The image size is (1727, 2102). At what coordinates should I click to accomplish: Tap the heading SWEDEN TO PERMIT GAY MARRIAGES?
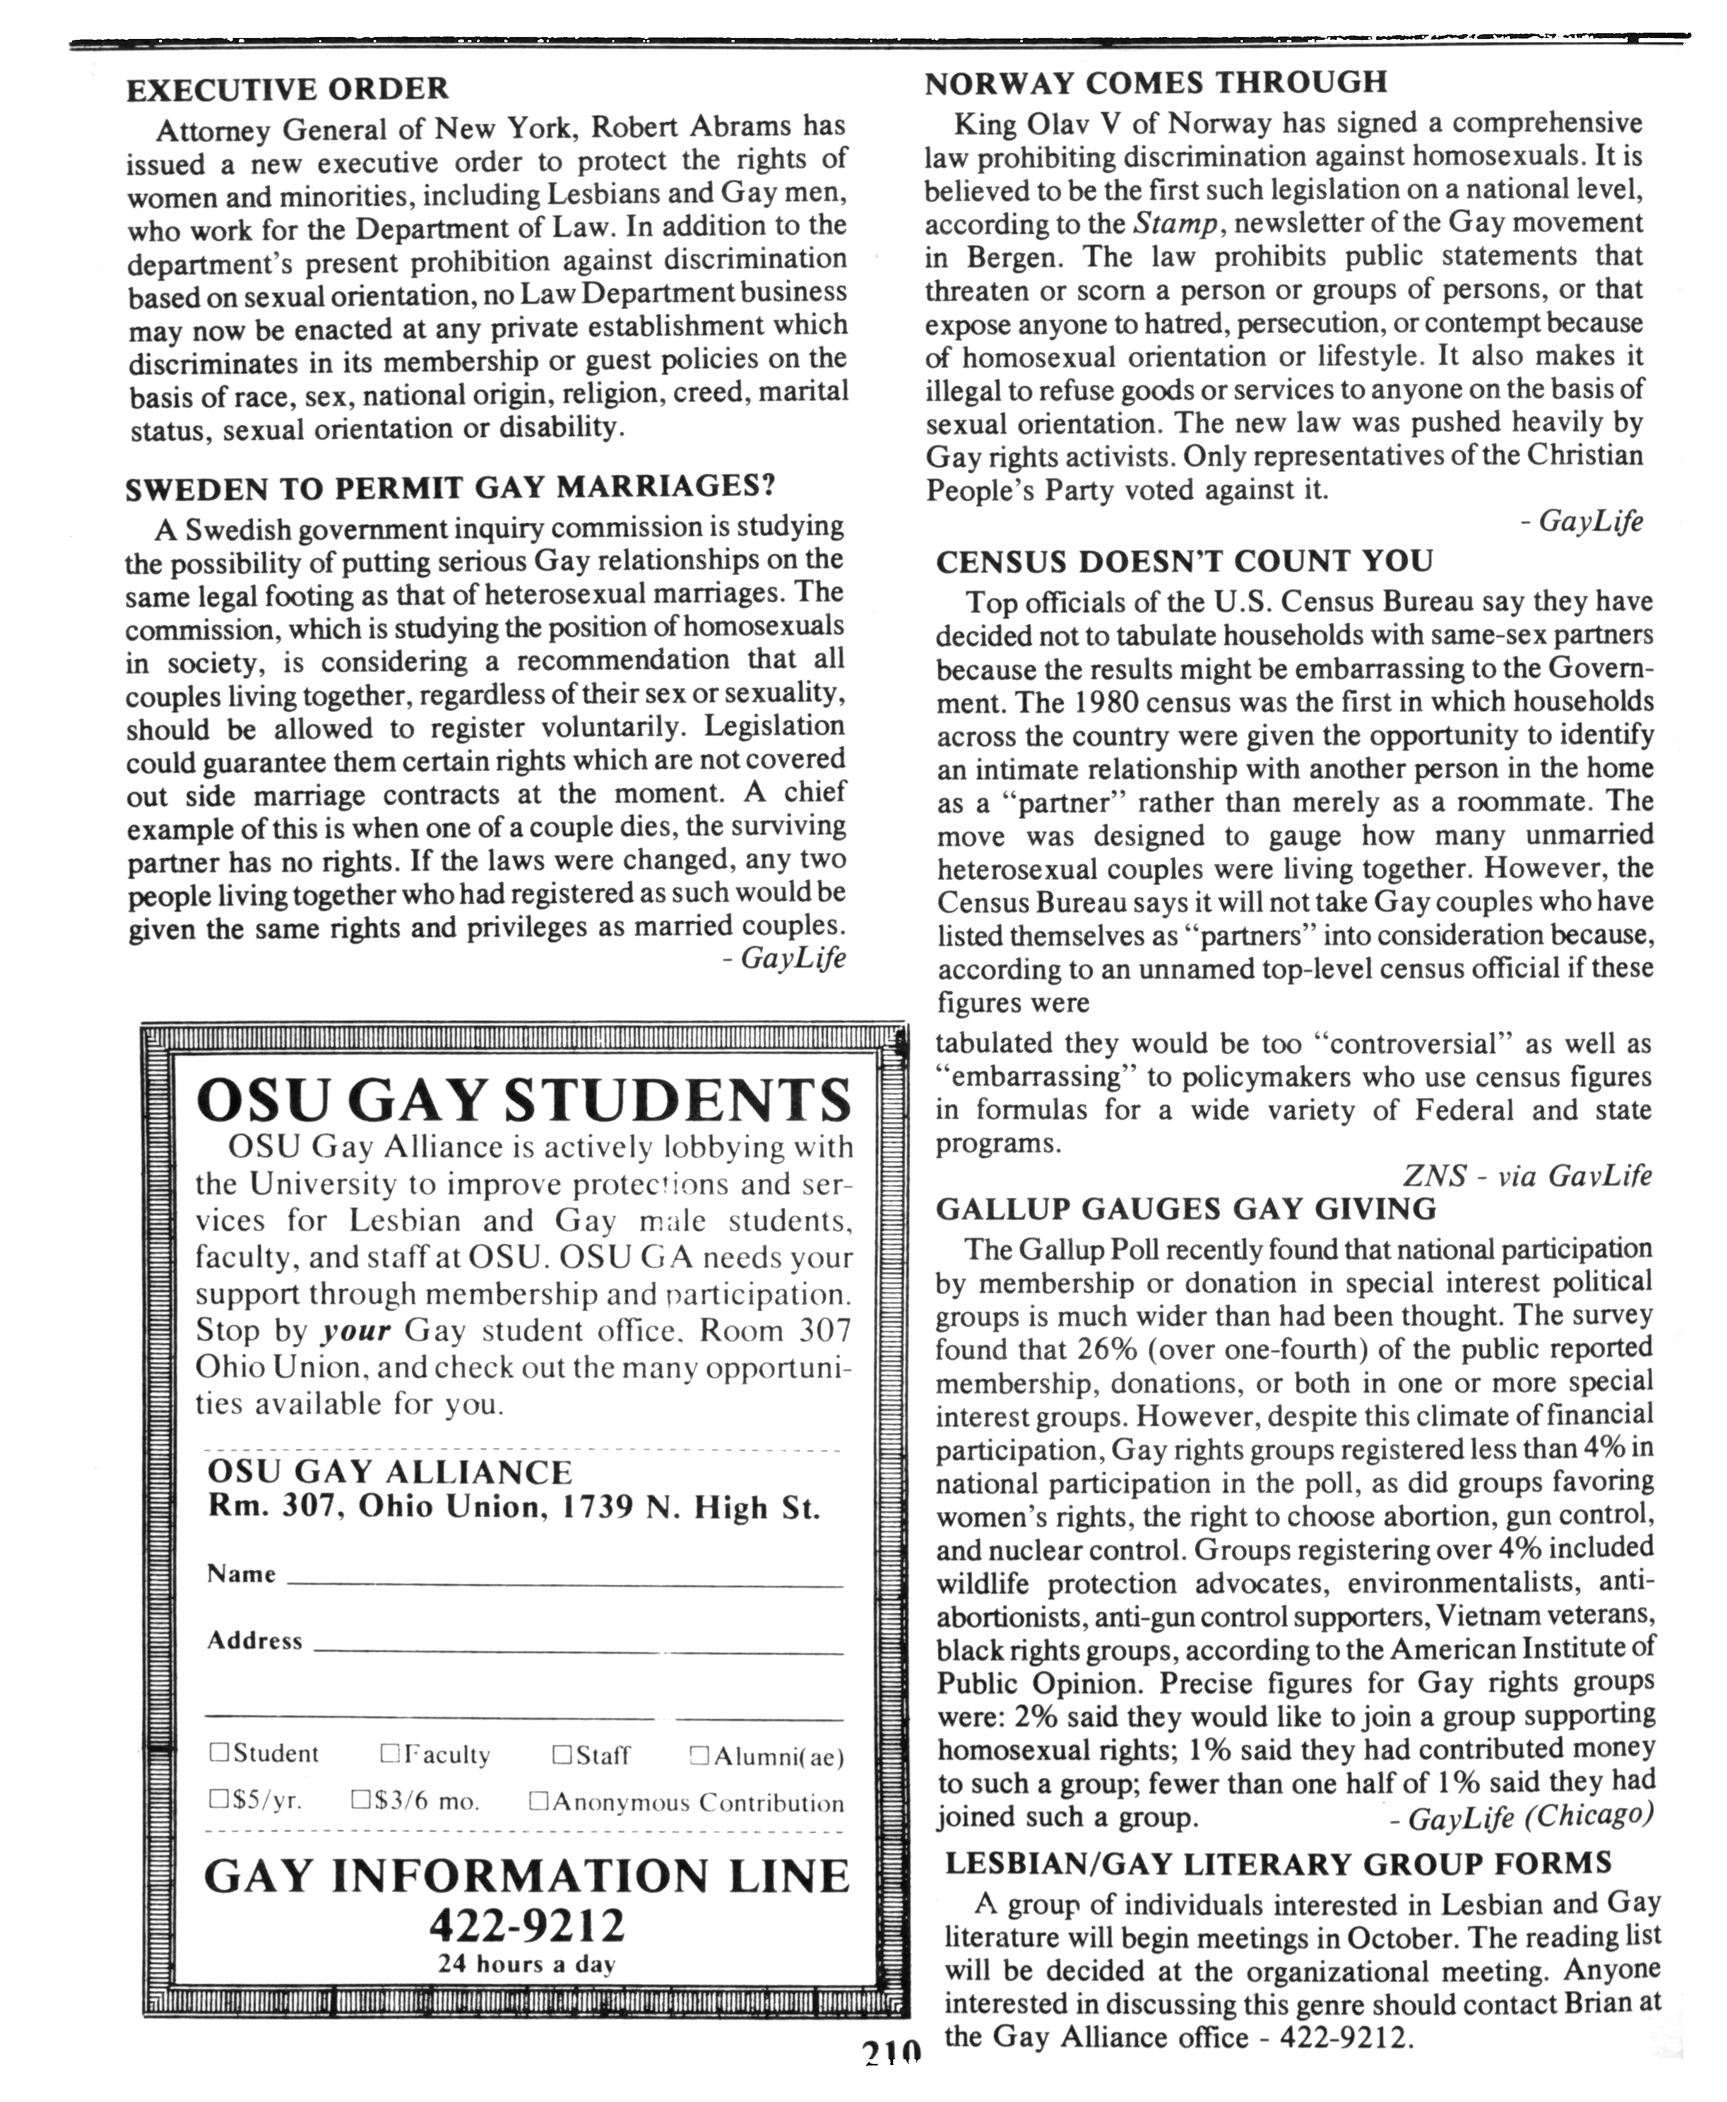(x=449, y=488)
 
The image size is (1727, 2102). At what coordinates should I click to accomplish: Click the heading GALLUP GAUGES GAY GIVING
(x=1186, y=1209)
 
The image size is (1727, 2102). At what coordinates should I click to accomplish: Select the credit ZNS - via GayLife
(x=1527, y=1176)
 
